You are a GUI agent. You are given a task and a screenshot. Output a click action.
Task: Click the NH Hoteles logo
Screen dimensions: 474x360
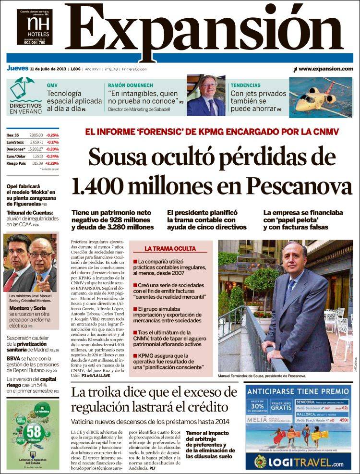(x=35, y=27)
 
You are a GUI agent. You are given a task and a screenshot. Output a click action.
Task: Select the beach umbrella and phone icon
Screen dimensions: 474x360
(x=24, y=90)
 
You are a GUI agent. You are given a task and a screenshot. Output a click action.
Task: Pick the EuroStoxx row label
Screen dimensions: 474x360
(x=15, y=142)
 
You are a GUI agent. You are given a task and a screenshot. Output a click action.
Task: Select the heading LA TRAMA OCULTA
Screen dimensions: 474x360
(x=170, y=248)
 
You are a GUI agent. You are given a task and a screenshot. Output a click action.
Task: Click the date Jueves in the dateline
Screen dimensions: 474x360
(x=17, y=68)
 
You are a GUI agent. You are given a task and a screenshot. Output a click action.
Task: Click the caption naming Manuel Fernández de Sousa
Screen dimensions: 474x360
(x=262, y=376)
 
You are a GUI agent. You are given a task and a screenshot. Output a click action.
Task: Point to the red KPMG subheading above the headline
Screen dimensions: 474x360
(x=212, y=132)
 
